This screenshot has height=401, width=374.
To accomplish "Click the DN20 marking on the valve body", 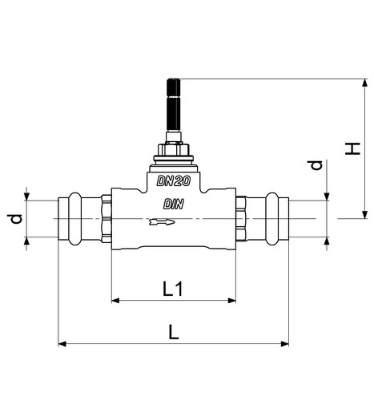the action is click(174, 181).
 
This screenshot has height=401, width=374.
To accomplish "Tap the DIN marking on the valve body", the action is click(174, 205).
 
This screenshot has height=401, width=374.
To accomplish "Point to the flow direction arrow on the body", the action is click(162, 222).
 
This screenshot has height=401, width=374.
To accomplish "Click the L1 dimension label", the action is click(172, 289).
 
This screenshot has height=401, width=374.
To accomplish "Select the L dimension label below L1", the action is click(174, 332).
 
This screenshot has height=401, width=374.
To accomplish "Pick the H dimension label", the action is click(352, 149).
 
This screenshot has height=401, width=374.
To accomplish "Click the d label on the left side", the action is click(16, 219).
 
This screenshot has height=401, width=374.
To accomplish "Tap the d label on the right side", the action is click(316, 165).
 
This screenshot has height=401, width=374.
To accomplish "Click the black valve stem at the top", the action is click(174, 105).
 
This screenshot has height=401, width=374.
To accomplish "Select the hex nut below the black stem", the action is click(174, 149).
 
